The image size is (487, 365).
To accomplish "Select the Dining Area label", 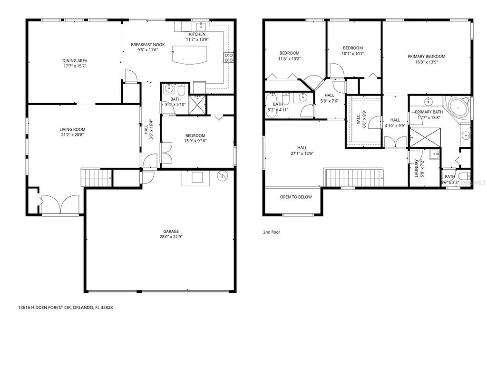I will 75,60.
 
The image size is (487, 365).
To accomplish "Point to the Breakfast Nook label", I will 147,44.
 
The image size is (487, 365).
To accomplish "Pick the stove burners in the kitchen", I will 229,58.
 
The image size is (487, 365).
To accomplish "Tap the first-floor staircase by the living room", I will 97,178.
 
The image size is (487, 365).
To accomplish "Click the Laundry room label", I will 417,168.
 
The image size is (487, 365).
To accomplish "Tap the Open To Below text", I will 296,197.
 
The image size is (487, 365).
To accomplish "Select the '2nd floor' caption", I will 272,232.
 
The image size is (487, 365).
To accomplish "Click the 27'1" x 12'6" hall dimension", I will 302,153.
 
